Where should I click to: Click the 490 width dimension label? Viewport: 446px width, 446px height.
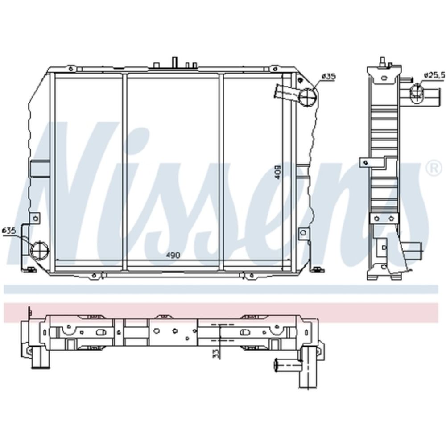click(x=173, y=256)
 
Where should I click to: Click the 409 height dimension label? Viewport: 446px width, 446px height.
click(x=277, y=172)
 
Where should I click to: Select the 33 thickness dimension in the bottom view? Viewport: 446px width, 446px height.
click(x=216, y=353)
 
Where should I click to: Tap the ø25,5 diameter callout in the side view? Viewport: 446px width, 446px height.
click(x=434, y=75)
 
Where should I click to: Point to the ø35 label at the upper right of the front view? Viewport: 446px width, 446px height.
click(x=329, y=76)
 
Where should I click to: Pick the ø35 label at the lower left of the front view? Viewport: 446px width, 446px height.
click(x=9, y=231)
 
